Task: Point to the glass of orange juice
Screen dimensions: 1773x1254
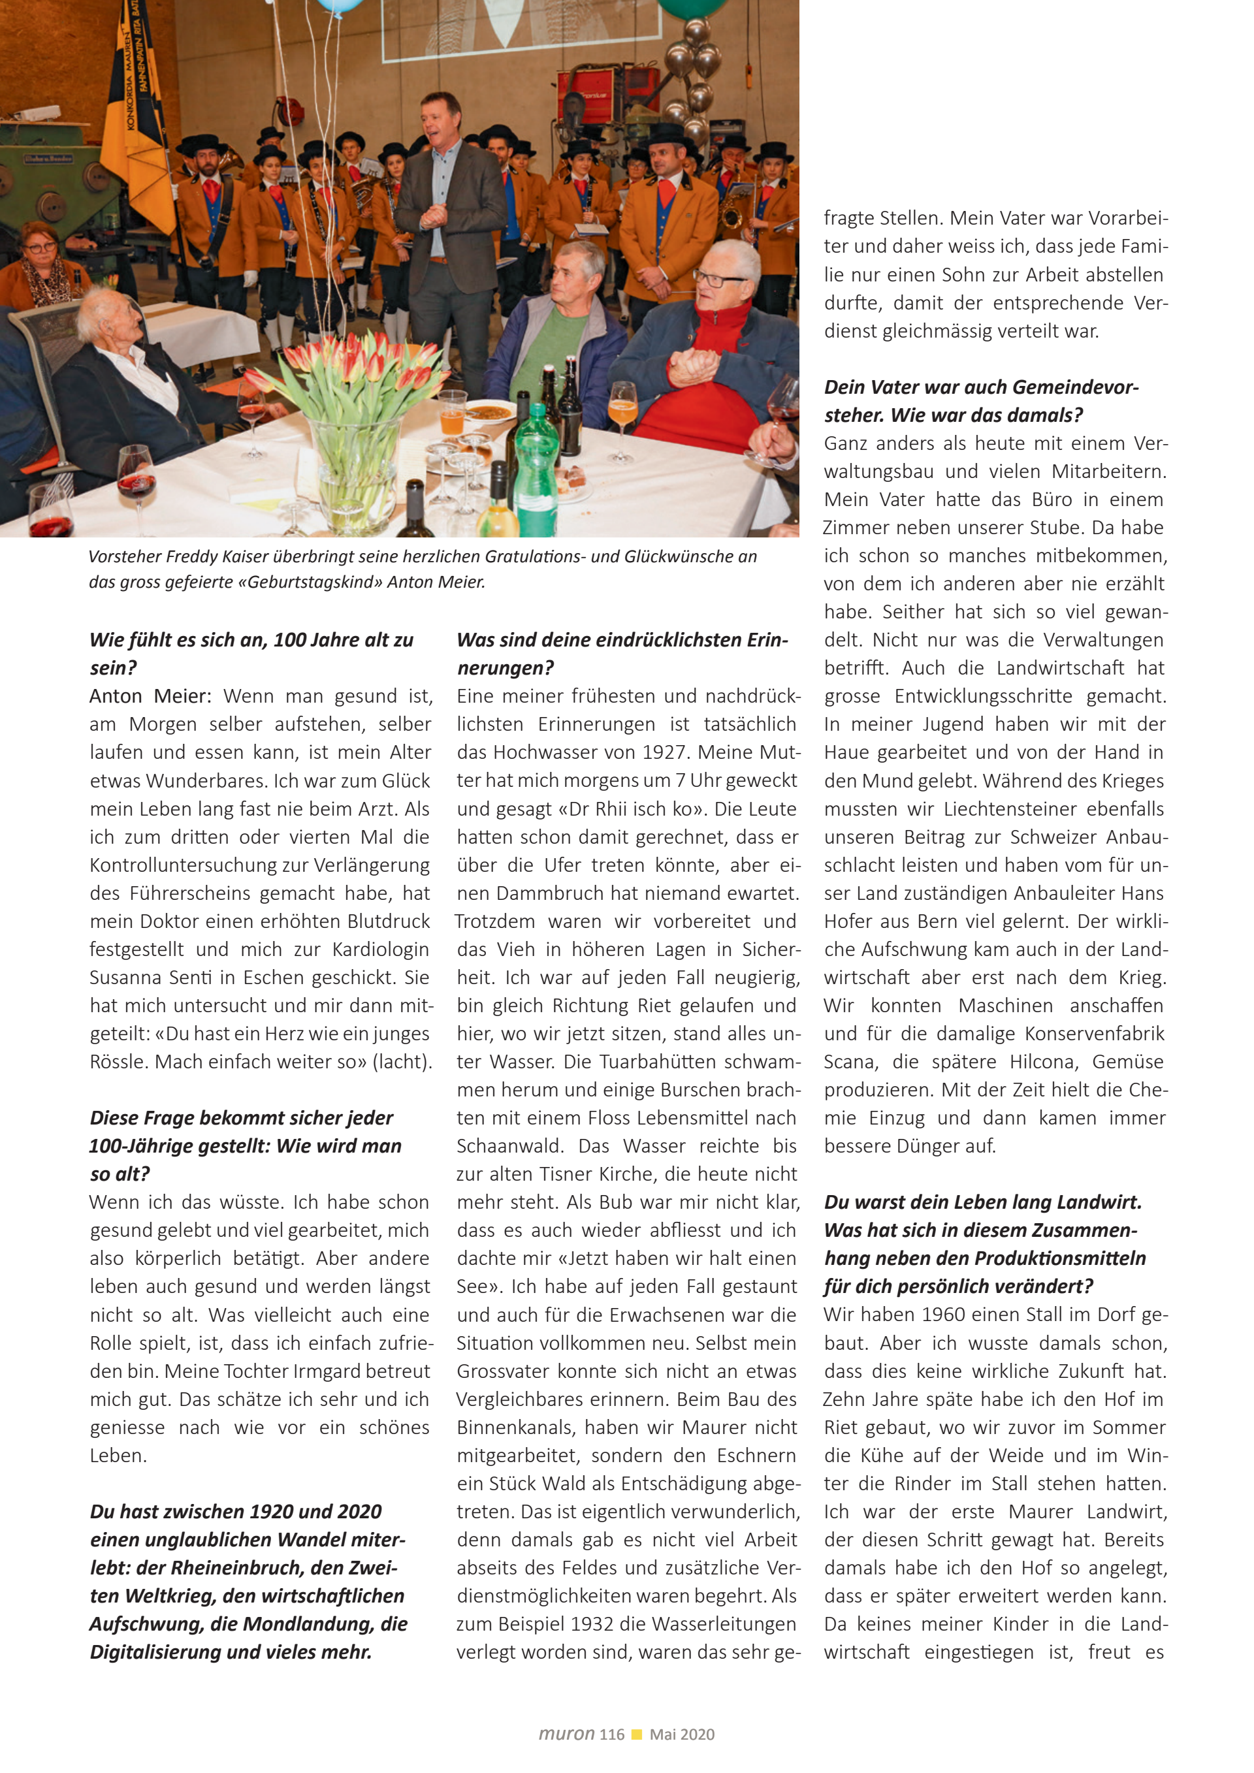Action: (452, 417)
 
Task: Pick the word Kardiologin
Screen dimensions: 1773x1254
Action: (381, 950)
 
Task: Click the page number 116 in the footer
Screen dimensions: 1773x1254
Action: (611, 1734)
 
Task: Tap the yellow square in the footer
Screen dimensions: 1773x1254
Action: (637, 1734)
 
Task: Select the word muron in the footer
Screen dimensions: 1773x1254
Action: (566, 1734)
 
